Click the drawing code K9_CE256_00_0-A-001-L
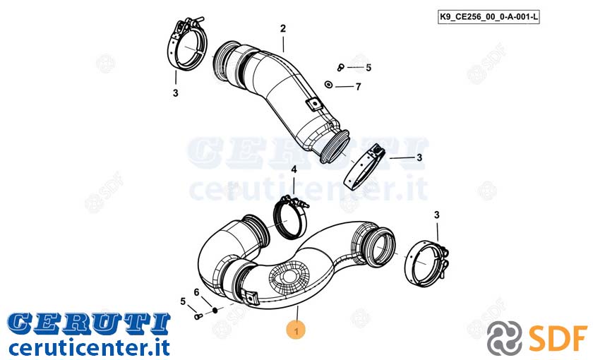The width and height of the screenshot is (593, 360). [489, 17]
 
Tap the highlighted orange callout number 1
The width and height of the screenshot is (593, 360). [296, 331]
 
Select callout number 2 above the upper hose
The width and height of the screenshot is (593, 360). [283, 28]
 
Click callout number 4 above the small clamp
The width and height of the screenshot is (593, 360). [294, 170]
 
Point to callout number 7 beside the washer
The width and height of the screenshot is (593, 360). [358, 87]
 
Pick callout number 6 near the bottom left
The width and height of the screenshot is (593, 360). [196, 292]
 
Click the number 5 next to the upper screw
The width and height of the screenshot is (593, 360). [369, 67]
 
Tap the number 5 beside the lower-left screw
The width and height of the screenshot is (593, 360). [183, 301]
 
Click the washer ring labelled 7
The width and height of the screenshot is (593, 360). [328, 84]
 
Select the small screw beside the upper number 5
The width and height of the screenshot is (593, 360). [340, 67]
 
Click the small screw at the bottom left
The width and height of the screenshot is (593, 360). [198, 316]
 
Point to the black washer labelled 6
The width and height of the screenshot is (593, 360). [215, 310]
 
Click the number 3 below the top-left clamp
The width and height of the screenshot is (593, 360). [176, 92]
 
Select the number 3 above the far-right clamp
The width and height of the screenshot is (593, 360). [437, 215]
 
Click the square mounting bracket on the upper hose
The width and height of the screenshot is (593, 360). [314, 104]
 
